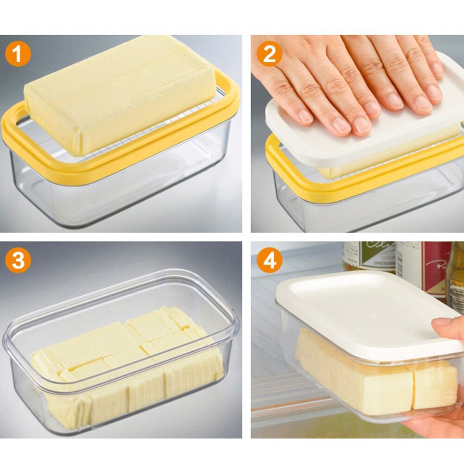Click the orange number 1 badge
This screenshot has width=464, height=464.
tap(18, 55)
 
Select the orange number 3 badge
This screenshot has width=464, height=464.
tap(18, 261)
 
